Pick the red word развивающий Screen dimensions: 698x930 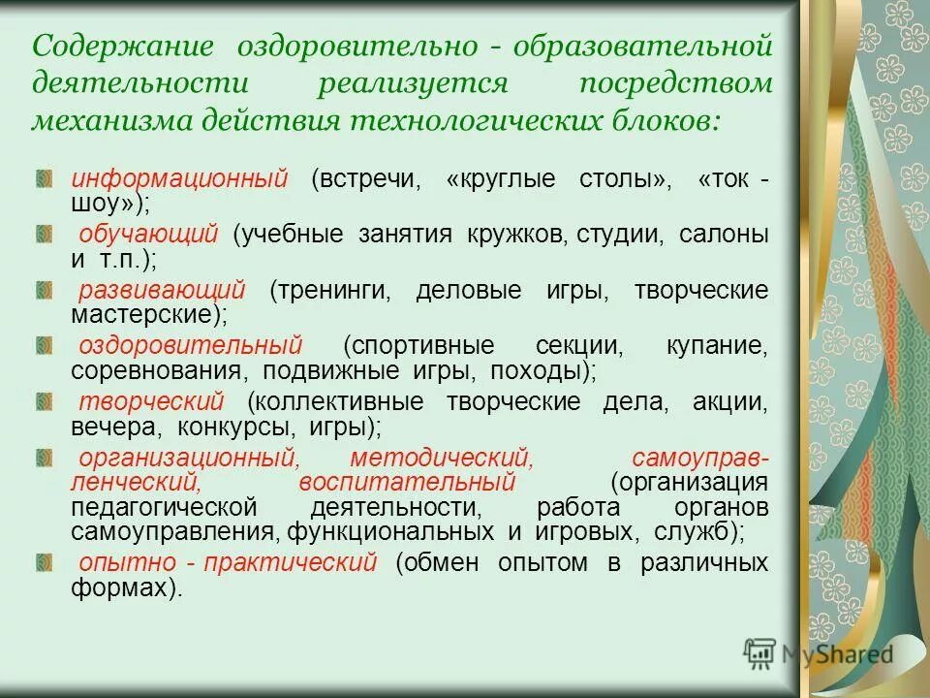pos(162,291)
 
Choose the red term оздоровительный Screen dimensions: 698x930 pos(191,346)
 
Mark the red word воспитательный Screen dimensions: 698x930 pos(419,482)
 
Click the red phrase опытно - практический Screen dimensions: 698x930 pos(227,563)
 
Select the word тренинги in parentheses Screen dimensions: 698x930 pos(329,291)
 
